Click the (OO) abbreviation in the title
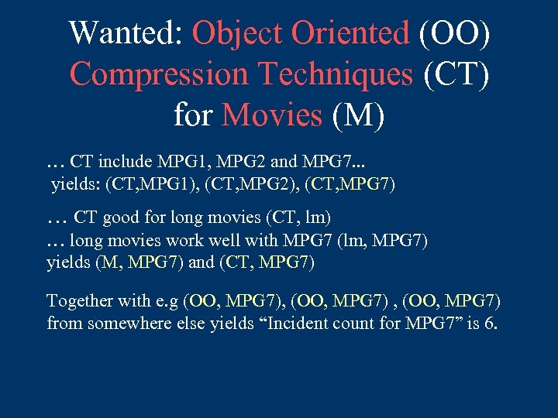point(454,34)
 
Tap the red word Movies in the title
point(271,115)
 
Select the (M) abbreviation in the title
point(357,115)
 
